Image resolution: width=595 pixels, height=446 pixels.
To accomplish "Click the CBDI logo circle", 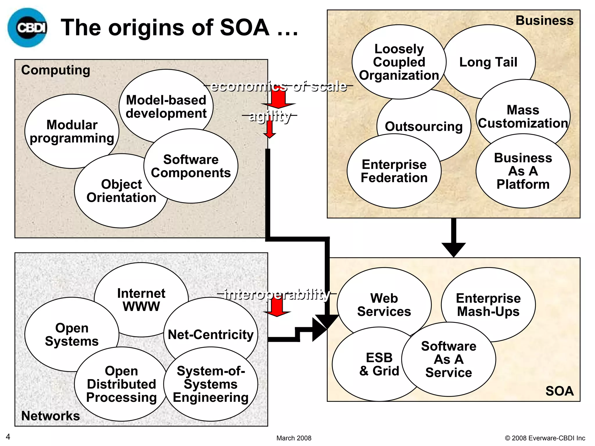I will coord(27,28).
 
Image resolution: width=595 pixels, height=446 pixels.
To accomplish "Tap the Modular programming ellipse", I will coord(72,131).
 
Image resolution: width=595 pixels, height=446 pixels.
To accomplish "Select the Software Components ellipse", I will coord(191,166).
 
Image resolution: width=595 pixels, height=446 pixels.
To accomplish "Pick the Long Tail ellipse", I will coord(488,62).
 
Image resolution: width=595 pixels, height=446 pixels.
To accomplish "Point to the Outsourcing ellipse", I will coord(424,126).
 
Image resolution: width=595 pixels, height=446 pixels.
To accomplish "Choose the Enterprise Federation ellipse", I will coord(394,171).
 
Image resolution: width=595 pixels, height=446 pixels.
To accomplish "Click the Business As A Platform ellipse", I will coord(523,171).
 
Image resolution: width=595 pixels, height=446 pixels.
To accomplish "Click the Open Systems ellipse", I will coord(72,334).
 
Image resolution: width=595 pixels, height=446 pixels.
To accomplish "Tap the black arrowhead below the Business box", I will coord(454,249).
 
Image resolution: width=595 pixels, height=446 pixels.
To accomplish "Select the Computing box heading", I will coord(55,70).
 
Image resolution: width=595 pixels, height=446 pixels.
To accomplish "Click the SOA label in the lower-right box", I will coord(559,391).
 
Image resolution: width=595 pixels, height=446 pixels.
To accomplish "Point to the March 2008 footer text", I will coord(294,438).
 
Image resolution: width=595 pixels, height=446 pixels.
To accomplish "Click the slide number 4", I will coord(8,437).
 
